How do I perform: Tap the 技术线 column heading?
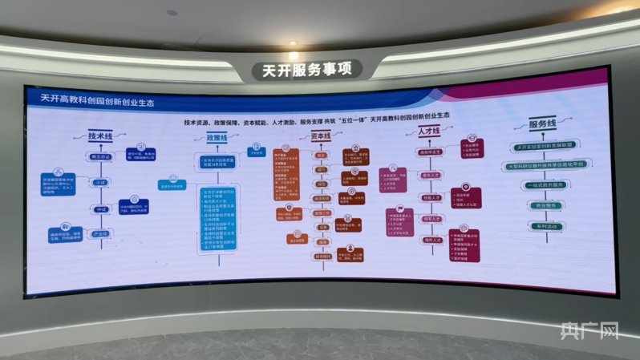[101, 137]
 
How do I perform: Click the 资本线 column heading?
[321, 136]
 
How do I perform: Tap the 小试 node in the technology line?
[101, 183]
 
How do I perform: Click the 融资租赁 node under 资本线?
[322, 197]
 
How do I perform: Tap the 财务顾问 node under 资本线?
[322, 257]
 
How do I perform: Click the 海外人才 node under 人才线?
[432, 240]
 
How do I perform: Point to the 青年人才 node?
[432, 175]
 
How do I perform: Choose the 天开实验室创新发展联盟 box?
[545, 147]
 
